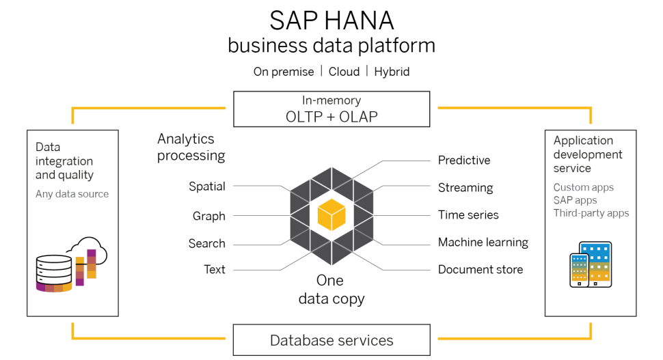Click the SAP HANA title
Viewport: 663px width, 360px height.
point(331,20)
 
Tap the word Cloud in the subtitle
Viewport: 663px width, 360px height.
point(344,72)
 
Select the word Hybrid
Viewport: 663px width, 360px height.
point(392,72)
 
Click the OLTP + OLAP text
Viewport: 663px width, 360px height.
point(331,117)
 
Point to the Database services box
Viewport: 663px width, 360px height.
point(331,340)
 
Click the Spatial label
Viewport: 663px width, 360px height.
point(207,186)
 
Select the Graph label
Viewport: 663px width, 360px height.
point(209,216)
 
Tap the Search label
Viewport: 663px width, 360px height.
point(207,244)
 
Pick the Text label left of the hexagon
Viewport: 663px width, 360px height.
point(215,270)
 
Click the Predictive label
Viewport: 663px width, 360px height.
point(464,161)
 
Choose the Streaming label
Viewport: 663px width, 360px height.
point(465,188)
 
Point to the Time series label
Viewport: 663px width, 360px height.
point(468,215)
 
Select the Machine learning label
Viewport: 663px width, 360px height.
point(483,243)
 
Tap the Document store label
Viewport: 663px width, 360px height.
point(481,270)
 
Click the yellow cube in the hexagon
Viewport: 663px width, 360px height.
point(331,215)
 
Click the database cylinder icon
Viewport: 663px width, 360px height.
point(53,273)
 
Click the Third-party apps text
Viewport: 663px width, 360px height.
point(591,213)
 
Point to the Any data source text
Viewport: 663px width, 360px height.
point(72,194)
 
